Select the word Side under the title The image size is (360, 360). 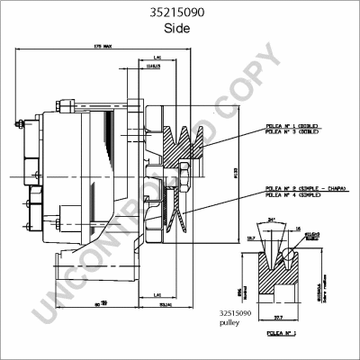181,29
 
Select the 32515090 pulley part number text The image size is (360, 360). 230,313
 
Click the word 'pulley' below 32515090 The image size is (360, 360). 225,322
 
